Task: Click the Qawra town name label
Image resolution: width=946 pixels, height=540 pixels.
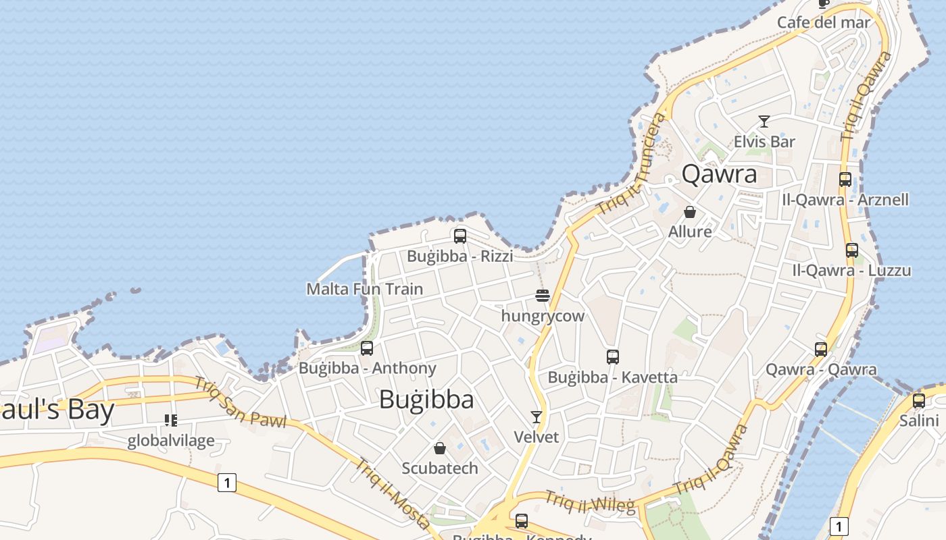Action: (x=719, y=174)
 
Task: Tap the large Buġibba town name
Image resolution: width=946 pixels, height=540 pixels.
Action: (x=426, y=400)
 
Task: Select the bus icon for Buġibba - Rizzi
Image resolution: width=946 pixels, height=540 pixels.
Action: (x=460, y=236)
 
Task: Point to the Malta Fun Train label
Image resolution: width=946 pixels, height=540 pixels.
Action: (x=365, y=289)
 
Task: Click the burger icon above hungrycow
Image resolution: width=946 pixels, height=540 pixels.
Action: (x=542, y=295)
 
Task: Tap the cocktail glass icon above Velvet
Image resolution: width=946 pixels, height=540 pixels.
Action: (x=537, y=416)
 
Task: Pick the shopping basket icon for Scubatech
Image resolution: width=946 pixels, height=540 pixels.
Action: (x=440, y=448)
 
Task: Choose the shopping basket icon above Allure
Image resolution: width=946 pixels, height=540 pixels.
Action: (x=690, y=212)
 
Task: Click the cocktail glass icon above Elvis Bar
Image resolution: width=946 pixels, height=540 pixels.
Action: (x=764, y=122)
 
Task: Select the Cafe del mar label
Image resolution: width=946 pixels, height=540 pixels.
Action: (x=824, y=22)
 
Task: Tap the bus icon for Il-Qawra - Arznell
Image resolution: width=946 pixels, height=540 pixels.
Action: (x=845, y=179)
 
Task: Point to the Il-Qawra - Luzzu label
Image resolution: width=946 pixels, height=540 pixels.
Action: (x=851, y=271)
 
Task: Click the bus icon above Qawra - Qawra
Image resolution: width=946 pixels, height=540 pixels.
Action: (x=821, y=349)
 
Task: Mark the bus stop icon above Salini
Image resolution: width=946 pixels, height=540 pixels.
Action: (x=919, y=400)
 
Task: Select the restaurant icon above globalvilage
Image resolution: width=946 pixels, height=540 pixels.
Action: (x=171, y=421)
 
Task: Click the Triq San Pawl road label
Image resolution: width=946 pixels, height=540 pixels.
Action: (x=241, y=402)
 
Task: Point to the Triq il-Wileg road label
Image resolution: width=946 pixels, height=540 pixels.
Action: (x=590, y=502)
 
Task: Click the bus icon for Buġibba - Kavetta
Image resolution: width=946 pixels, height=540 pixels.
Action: (x=613, y=357)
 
